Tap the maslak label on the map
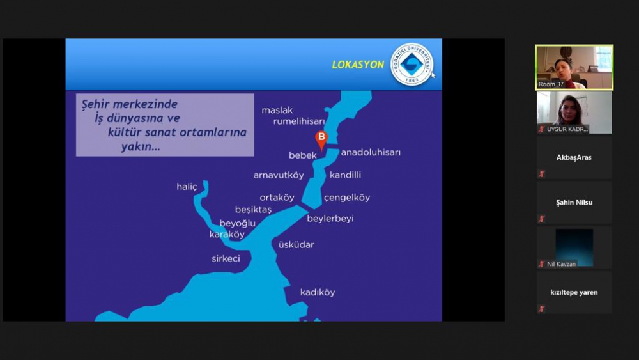(277, 110)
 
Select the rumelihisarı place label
(299, 121)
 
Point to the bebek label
(303, 155)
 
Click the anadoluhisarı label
(371, 152)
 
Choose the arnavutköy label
(279, 175)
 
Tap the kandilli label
(345, 175)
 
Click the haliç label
(187, 187)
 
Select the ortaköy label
(277, 198)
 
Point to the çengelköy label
(347, 198)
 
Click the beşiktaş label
(253, 210)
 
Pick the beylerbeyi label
(330, 219)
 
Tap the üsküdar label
(296, 245)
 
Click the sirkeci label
(226, 258)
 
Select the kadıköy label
(318, 292)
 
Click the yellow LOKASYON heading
(358, 65)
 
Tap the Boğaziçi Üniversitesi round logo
(412, 65)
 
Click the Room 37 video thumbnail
(574, 67)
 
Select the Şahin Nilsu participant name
(574, 202)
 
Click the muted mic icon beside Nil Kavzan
(542, 264)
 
